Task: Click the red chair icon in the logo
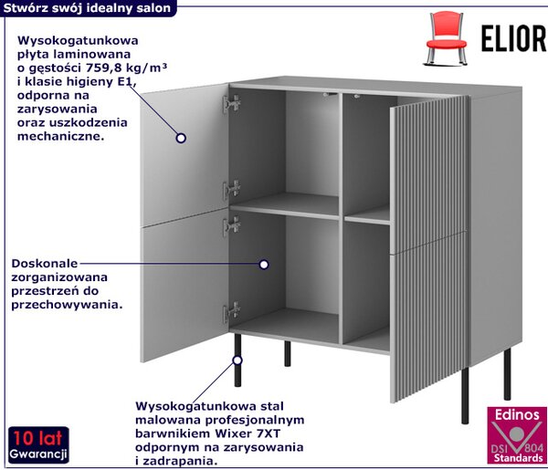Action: coord(447,37)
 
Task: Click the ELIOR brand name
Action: coord(513,38)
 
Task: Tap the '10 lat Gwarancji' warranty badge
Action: coord(38,444)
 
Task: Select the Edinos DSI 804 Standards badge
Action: coord(517,435)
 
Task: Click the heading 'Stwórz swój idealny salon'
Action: coord(87,7)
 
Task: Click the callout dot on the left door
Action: coord(181,138)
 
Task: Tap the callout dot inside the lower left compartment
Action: coord(264,265)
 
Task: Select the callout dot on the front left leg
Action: coord(237,360)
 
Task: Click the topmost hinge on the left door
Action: coord(232,103)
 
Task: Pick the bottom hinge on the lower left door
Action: coord(232,311)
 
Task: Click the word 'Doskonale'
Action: coord(45,263)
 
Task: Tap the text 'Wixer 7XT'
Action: coord(248,433)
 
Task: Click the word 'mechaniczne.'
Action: coord(61,136)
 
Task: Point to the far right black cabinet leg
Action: coord(507,373)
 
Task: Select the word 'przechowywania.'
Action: coord(67,305)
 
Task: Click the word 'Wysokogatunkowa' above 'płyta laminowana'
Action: coord(78,40)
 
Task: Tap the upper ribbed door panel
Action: coord(429,171)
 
